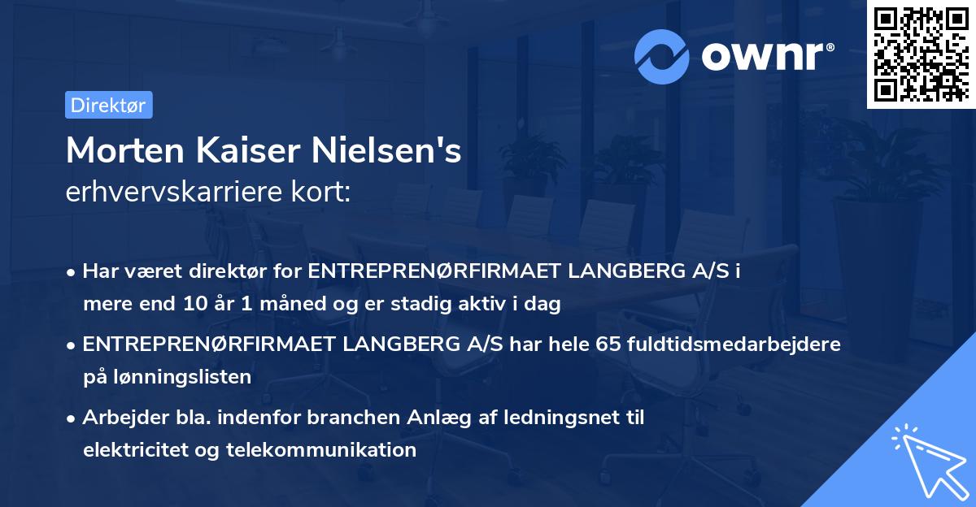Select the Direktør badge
[108, 105]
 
